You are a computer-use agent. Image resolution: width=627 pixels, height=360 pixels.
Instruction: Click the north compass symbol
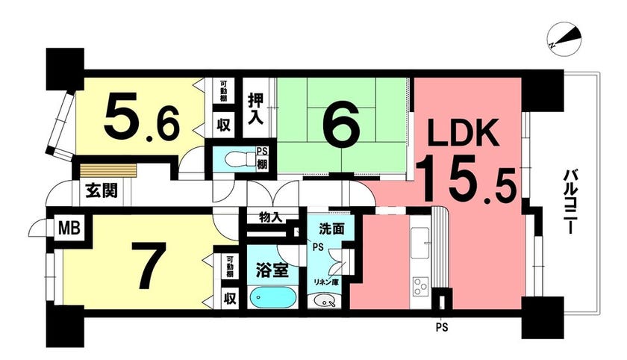(x=564, y=40)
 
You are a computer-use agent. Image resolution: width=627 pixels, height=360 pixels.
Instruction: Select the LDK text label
(x=463, y=132)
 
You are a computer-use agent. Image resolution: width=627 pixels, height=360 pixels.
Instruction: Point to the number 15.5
(x=464, y=179)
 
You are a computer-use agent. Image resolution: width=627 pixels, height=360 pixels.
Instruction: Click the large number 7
(x=148, y=265)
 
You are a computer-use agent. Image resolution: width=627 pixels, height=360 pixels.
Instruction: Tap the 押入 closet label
(x=256, y=108)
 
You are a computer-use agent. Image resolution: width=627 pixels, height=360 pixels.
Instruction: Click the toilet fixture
(x=240, y=160)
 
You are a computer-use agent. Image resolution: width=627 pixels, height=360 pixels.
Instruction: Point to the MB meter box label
(x=70, y=229)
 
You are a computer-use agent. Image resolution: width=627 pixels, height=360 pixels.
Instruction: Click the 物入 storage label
(x=271, y=217)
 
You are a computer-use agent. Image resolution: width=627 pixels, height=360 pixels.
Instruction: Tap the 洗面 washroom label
(x=331, y=229)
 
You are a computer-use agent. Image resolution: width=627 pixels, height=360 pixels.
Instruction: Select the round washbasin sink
(x=324, y=300)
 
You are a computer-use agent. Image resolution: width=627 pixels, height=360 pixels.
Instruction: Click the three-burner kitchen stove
(x=419, y=286)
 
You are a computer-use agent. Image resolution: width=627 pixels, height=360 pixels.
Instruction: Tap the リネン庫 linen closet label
(x=326, y=282)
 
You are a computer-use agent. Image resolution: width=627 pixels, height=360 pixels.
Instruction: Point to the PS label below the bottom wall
(x=441, y=328)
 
